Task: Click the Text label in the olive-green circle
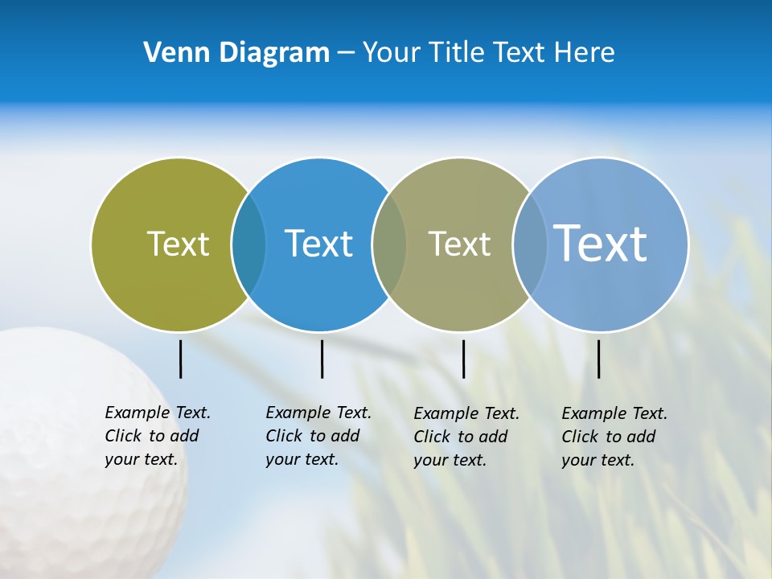coord(178,244)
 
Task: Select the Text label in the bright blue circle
coord(318,244)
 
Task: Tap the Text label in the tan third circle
coord(459,244)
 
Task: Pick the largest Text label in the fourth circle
coord(601,243)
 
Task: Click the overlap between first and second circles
coord(248,244)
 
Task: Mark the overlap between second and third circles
coord(389,244)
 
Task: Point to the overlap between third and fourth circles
coord(530,244)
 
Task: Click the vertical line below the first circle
coord(180,359)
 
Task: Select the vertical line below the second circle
coord(322,359)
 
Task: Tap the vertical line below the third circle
coord(463,359)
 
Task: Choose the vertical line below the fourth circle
coord(598,359)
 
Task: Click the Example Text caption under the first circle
coord(157,436)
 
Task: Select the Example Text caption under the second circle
coord(318,436)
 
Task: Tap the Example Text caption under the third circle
coord(466,437)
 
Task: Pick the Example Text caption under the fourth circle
coord(614,437)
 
